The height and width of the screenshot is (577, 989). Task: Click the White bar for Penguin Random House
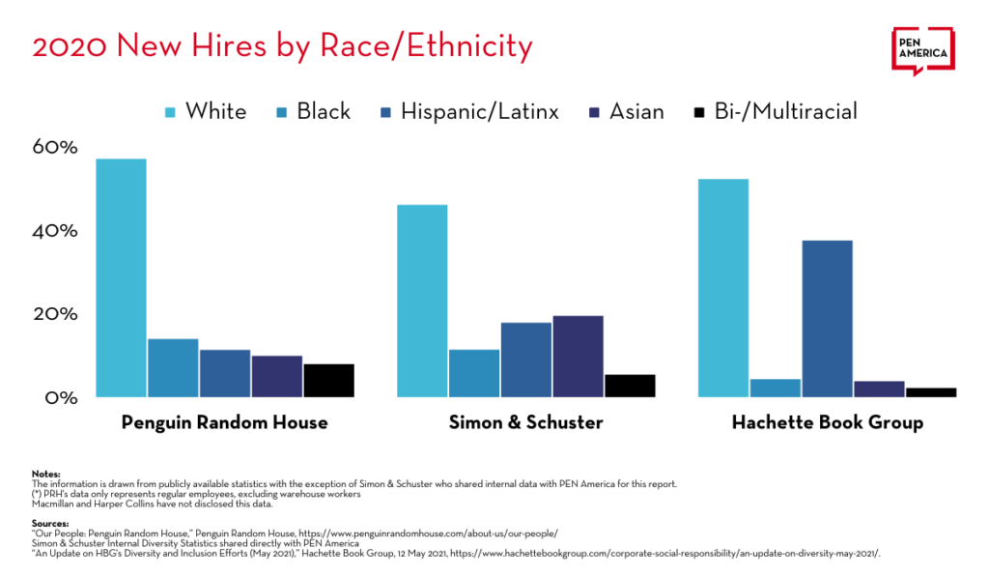point(121,277)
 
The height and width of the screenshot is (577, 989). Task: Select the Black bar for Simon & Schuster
point(474,373)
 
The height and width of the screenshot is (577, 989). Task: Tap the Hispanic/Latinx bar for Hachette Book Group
point(827,318)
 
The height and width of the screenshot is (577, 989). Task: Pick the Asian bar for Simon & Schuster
point(579,356)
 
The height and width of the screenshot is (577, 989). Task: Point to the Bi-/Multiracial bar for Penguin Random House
point(329,380)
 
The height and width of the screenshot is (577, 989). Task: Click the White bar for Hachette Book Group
point(723,288)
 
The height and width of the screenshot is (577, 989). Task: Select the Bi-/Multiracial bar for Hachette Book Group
point(931,392)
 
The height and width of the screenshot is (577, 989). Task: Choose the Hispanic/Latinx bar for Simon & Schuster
point(526,360)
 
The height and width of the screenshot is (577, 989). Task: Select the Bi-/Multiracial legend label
point(786,112)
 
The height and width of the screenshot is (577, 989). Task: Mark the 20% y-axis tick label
point(55,314)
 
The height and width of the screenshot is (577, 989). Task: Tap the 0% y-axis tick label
point(60,397)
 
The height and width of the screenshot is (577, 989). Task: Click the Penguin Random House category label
point(224,423)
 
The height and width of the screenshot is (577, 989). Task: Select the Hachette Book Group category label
point(827,423)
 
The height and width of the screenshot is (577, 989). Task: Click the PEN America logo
point(923,49)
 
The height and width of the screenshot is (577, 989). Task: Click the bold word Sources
point(49,523)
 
